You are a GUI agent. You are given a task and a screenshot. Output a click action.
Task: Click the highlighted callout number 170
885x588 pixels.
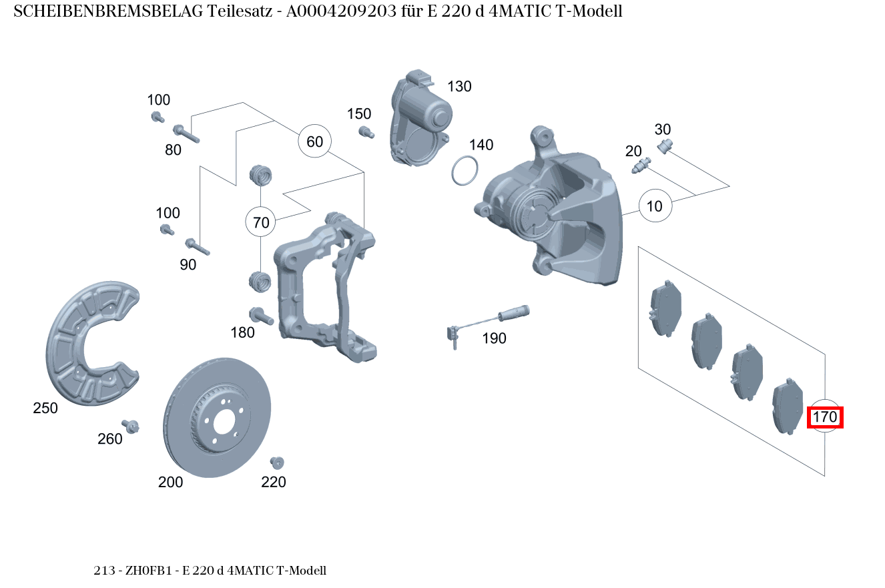(825, 418)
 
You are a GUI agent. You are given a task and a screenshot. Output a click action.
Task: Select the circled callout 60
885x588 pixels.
(314, 141)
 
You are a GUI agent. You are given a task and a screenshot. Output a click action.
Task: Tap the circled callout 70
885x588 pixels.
(261, 222)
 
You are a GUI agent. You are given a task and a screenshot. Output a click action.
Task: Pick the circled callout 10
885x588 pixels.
(655, 206)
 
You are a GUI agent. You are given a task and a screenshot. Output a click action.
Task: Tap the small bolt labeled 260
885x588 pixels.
(130, 426)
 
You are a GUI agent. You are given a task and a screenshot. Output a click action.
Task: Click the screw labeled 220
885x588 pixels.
(276, 463)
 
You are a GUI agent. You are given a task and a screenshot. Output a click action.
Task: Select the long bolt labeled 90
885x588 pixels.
(198, 246)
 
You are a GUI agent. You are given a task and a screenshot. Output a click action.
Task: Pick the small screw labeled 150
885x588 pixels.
(365, 132)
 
